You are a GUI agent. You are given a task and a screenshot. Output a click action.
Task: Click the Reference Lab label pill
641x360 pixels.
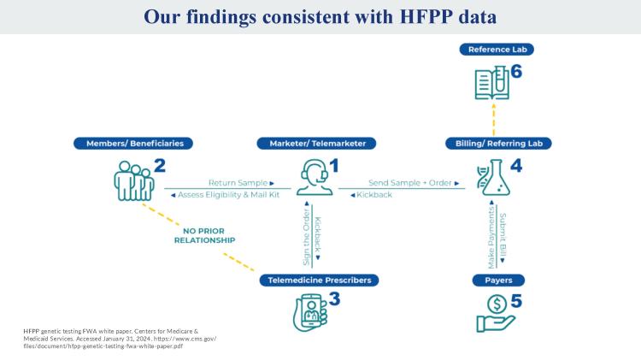point(497,50)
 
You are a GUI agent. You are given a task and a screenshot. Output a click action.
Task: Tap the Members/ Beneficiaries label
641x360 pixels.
point(133,144)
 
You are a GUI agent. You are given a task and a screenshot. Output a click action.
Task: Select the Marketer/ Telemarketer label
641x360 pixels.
point(316,144)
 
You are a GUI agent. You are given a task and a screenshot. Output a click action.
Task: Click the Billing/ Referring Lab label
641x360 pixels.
point(498,144)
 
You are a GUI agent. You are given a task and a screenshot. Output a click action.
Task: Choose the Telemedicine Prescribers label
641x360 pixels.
point(320,280)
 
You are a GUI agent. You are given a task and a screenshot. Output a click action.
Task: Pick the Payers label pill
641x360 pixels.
point(498,280)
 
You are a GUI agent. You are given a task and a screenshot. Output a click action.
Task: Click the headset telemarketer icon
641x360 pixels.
point(315,177)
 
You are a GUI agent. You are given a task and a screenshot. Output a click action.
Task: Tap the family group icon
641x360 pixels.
point(133,180)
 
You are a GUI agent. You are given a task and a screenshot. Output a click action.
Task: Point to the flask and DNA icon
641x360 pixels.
point(494,177)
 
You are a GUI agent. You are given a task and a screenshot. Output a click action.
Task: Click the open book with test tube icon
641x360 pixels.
point(492,83)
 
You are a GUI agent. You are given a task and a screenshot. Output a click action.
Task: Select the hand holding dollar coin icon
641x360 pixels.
point(496,313)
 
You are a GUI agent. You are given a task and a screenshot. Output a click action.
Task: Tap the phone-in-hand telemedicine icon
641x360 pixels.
point(311,312)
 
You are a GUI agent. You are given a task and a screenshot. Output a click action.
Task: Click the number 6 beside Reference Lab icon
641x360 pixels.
point(516,72)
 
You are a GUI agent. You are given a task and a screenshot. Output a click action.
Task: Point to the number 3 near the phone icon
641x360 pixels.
point(334,299)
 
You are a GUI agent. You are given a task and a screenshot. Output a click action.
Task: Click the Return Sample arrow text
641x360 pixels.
point(241,183)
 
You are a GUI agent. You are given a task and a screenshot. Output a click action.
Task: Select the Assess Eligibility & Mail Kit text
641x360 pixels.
point(226,195)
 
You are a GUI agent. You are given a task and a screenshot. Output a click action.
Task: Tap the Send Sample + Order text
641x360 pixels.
point(414,183)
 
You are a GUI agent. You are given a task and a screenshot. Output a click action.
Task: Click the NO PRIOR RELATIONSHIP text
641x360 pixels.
point(204,236)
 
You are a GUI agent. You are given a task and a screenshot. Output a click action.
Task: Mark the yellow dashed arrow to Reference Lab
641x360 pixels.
point(494,119)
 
